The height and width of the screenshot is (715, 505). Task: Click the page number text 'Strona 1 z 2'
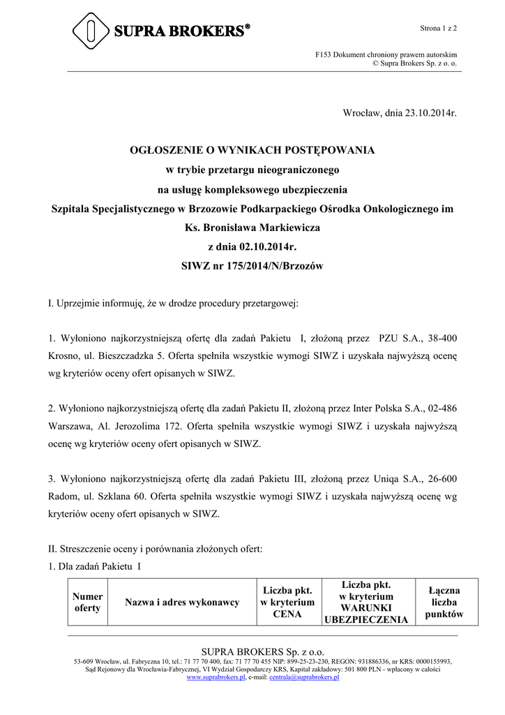[438, 28]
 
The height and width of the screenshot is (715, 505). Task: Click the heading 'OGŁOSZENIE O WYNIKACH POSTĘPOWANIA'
[252, 150]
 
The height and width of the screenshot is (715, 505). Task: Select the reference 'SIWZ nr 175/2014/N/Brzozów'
[252, 266]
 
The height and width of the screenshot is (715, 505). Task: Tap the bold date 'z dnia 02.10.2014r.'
[252, 246]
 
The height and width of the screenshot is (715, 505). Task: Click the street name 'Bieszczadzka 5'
[123, 356]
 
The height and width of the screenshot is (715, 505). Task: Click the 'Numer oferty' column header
[88, 602]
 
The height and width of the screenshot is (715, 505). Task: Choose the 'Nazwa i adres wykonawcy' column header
[181, 602]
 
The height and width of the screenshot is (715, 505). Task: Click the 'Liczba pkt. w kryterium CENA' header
[287, 602]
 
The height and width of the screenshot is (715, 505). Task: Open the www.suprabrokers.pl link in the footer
[216, 677]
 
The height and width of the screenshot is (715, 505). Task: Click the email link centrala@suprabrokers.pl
[303, 677]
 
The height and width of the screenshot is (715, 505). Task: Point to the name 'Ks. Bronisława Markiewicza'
[252, 228]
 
